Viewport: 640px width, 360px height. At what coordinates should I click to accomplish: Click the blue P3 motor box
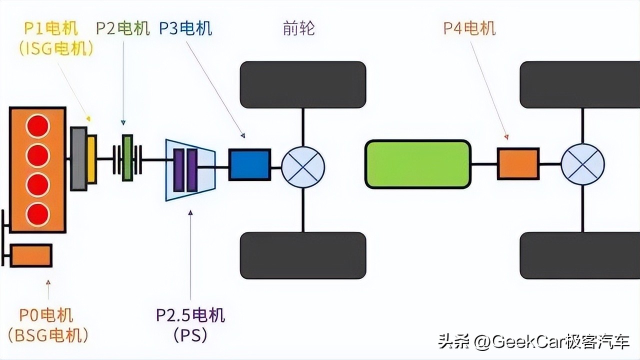(x=249, y=164)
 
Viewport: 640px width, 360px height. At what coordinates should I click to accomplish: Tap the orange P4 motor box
(x=517, y=163)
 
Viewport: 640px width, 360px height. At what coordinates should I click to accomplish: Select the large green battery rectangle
(x=417, y=164)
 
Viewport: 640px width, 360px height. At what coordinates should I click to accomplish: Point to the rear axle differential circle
(x=582, y=164)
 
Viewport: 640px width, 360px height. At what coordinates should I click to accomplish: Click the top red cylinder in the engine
(x=38, y=126)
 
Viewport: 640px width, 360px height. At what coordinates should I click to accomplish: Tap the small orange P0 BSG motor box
(x=31, y=255)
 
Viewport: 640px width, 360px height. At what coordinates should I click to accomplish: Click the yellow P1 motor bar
(x=91, y=159)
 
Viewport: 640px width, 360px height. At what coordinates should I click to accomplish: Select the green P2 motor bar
(x=127, y=157)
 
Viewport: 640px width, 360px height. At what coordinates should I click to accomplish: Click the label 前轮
(x=298, y=28)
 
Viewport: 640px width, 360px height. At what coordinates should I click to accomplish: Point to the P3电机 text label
(x=185, y=28)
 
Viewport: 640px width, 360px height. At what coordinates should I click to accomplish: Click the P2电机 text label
(x=123, y=28)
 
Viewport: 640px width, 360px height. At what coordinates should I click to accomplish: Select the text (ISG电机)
(x=55, y=49)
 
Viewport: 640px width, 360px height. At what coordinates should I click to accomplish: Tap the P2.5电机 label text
(x=190, y=315)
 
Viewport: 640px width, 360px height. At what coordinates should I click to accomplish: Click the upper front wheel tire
(x=303, y=84)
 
